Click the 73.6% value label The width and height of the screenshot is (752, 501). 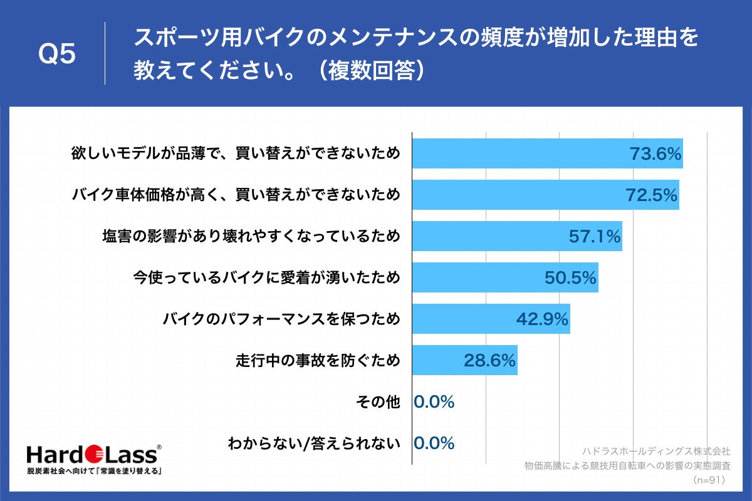coord(655,154)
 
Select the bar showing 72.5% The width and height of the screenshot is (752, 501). coord(545,195)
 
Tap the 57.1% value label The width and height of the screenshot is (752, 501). coord(594,237)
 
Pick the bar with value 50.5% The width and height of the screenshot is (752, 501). coord(504,278)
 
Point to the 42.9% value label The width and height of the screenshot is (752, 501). coord(542,319)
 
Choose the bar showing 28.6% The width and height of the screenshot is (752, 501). coord(464,361)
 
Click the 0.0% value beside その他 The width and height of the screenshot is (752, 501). coord(434,402)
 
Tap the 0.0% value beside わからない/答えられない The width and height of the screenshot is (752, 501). coord(434,443)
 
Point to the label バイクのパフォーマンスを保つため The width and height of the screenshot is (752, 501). coord(281,320)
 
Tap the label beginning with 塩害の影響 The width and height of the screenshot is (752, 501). coord(251,237)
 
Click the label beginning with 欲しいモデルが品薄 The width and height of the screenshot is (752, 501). coord(236,154)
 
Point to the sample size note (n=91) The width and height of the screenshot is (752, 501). coord(709,480)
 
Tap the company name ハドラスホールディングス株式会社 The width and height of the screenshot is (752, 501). coord(656,451)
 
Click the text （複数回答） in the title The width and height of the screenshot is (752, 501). coord(371,70)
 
